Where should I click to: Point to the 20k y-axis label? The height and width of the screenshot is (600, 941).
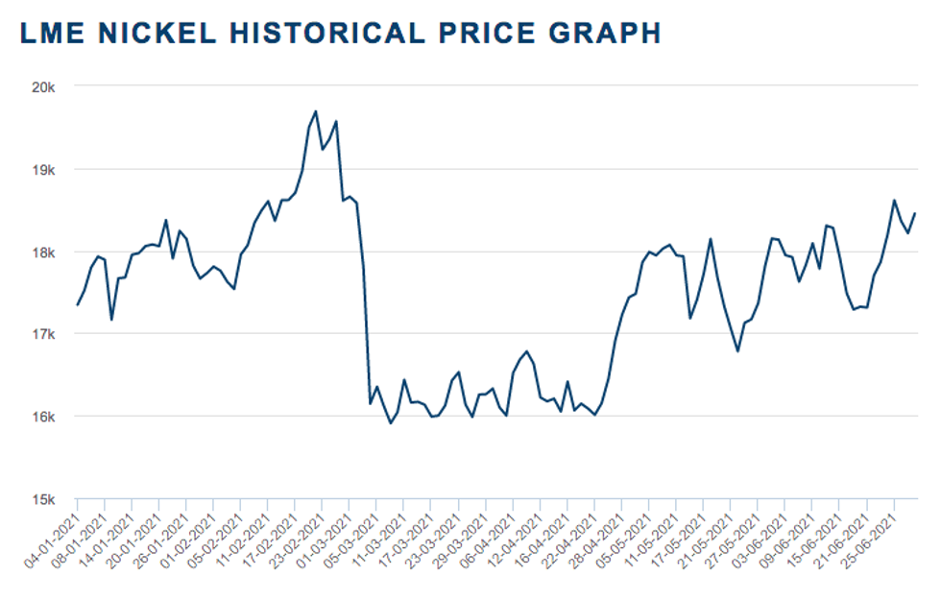45,86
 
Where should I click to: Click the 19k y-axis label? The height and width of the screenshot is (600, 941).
45,169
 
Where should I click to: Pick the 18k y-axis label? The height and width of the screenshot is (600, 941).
45,252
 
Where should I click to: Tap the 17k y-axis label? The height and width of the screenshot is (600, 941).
45,334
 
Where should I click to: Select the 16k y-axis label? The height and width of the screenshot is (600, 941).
45,417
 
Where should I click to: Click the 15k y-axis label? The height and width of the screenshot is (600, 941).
45,499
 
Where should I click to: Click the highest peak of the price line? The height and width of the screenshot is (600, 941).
316,111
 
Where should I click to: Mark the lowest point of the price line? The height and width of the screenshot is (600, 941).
390,423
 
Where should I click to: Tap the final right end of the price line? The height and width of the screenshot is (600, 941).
915,213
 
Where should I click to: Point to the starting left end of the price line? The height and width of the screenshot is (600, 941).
77,305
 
